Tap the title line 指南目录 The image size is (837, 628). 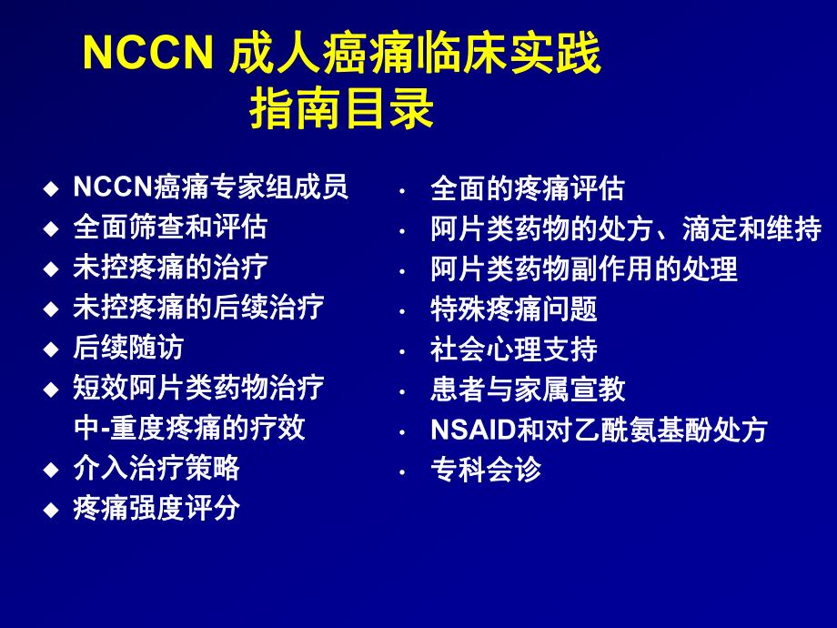coord(342,110)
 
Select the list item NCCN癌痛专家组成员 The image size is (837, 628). coord(210,187)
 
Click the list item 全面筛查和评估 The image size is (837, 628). coord(170,228)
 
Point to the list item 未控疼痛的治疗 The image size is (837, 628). coord(170,268)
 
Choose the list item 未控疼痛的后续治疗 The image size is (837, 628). coord(198,308)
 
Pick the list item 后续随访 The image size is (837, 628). coord(128,348)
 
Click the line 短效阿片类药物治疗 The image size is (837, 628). coord(198,388)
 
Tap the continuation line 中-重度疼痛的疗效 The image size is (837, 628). coord(189,428)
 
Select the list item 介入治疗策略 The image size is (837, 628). coord(156,468)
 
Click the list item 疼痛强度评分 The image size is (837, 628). coord(156,508)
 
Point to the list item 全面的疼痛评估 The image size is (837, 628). coord(528,189)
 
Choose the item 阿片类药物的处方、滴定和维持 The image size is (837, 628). coord(626,229)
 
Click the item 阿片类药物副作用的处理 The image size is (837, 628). coord(584,269)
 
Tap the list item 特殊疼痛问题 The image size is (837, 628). coord(514,309)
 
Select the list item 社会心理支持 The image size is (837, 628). coord(514,349)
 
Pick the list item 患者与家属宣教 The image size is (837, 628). coord(528,390)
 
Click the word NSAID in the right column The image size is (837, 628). coord(473,430)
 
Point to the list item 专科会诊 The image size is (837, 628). coord(486,470)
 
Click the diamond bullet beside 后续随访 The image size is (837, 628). coord(51,349)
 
